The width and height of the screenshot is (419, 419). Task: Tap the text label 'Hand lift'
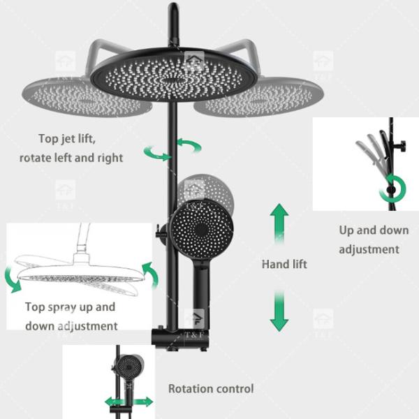click(x=284, y=265)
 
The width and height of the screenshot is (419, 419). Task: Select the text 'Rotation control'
click(x=211, y=388)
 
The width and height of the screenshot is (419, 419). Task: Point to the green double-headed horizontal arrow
click(x=128, y=402)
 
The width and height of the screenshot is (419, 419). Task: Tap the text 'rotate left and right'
click(x=71, y=158)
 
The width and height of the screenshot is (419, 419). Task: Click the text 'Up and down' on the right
click(x=374, y=230)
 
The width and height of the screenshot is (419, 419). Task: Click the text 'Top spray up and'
click(x=70, y=307)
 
